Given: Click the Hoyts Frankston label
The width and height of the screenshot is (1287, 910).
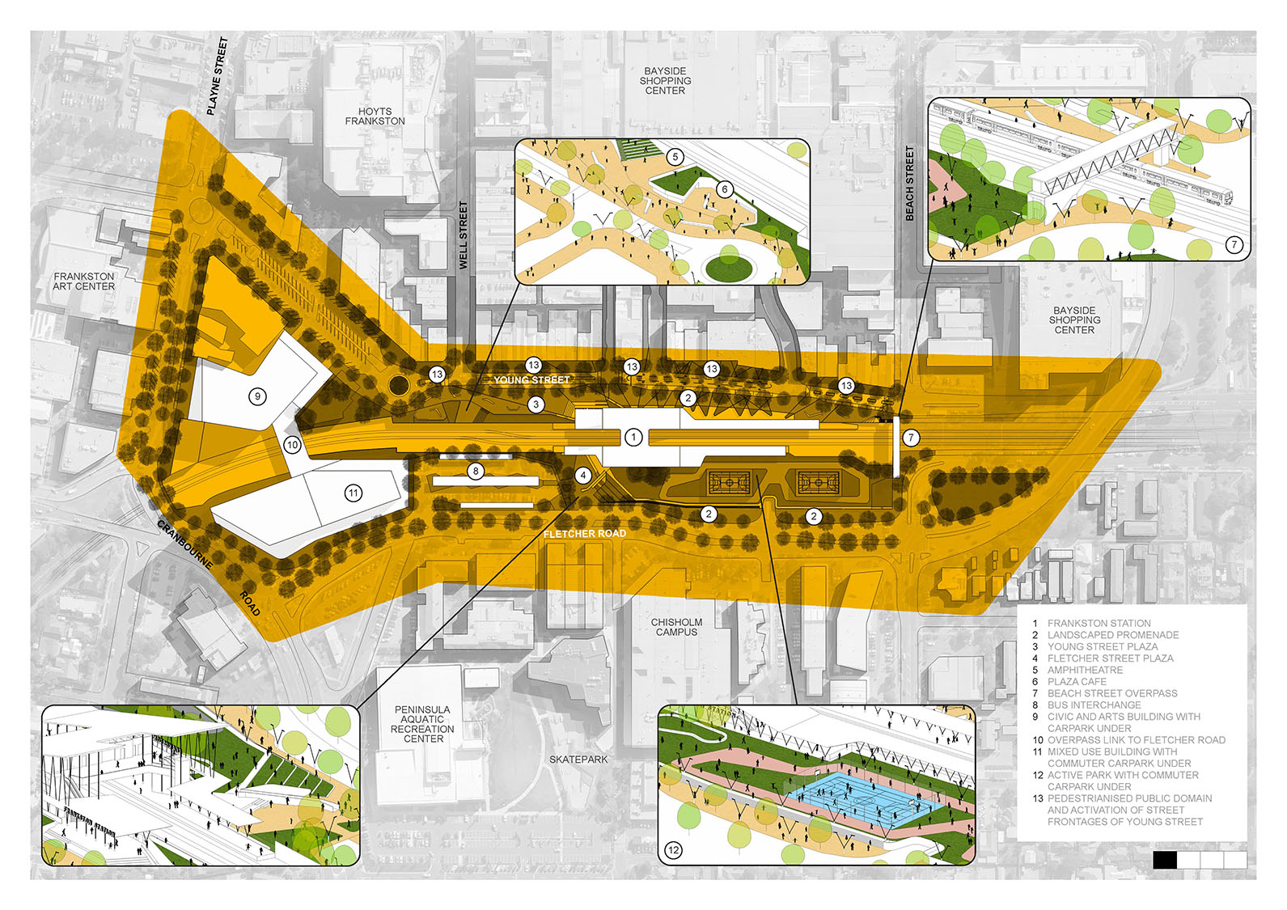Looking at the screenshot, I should (x=375, y=116).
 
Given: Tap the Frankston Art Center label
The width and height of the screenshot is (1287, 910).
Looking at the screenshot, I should (x=84, y=281).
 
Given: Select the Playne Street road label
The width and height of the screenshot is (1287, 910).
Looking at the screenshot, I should (x=217, y=76).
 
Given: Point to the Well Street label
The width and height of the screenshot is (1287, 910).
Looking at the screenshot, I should (x=464, y=235).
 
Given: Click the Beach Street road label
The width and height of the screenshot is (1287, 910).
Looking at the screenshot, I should (x=909, y=184).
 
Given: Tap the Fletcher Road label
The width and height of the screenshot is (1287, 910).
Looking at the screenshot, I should (x=584, y=534).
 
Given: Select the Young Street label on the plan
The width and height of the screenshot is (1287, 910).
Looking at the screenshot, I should (x=531, y=379).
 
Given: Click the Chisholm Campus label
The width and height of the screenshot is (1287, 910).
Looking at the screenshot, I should (x=676, y=627).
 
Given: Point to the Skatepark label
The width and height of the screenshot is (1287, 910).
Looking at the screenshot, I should (x=578, y=760).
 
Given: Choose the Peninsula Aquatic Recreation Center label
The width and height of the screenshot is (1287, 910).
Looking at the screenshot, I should (x=422, y=724).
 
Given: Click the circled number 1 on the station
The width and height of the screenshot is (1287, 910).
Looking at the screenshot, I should (x=633, y=437).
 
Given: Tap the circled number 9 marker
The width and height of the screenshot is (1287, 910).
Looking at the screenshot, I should (x=257, y=396).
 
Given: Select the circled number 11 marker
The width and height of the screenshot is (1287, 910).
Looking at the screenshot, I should (x=354, y=493).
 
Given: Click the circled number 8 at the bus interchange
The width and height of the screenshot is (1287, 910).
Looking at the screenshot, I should (x=476, y=471).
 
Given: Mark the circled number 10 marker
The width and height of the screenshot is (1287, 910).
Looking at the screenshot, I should (x=293, y=445).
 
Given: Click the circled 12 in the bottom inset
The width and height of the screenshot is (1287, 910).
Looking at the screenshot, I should (x=673, y=849).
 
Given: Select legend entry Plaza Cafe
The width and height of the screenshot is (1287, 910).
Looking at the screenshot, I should (x=1076, y=682).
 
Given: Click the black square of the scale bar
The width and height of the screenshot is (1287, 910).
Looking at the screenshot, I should (x=1165, y=860).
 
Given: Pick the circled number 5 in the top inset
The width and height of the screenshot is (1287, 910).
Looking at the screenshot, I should (x=675, y=157).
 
